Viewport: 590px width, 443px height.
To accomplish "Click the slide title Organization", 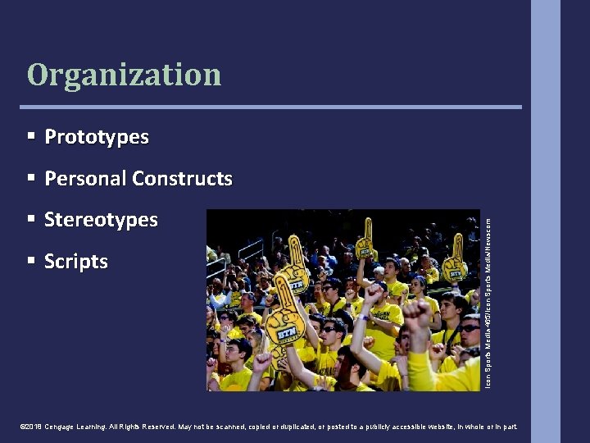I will (x=124, y=75).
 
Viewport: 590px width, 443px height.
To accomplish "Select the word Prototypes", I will (x=97, y=137).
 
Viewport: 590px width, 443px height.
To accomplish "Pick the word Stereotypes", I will (x=101, y=220).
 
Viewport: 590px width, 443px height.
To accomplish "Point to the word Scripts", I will (x=76, y=262).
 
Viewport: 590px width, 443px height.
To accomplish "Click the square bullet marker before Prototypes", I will (x=30, y=136).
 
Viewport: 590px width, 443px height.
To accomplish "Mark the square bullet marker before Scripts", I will (x=30, y=261).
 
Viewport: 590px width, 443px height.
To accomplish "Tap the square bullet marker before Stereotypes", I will (x=30, y=219).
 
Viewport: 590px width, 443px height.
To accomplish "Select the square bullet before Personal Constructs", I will (x=30, y=178).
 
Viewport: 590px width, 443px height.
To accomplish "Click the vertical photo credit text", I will (x=488, y=299).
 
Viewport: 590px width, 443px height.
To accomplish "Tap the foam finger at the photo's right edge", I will (x=455, y=258).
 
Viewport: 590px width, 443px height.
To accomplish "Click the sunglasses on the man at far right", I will (x=468, y=328).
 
